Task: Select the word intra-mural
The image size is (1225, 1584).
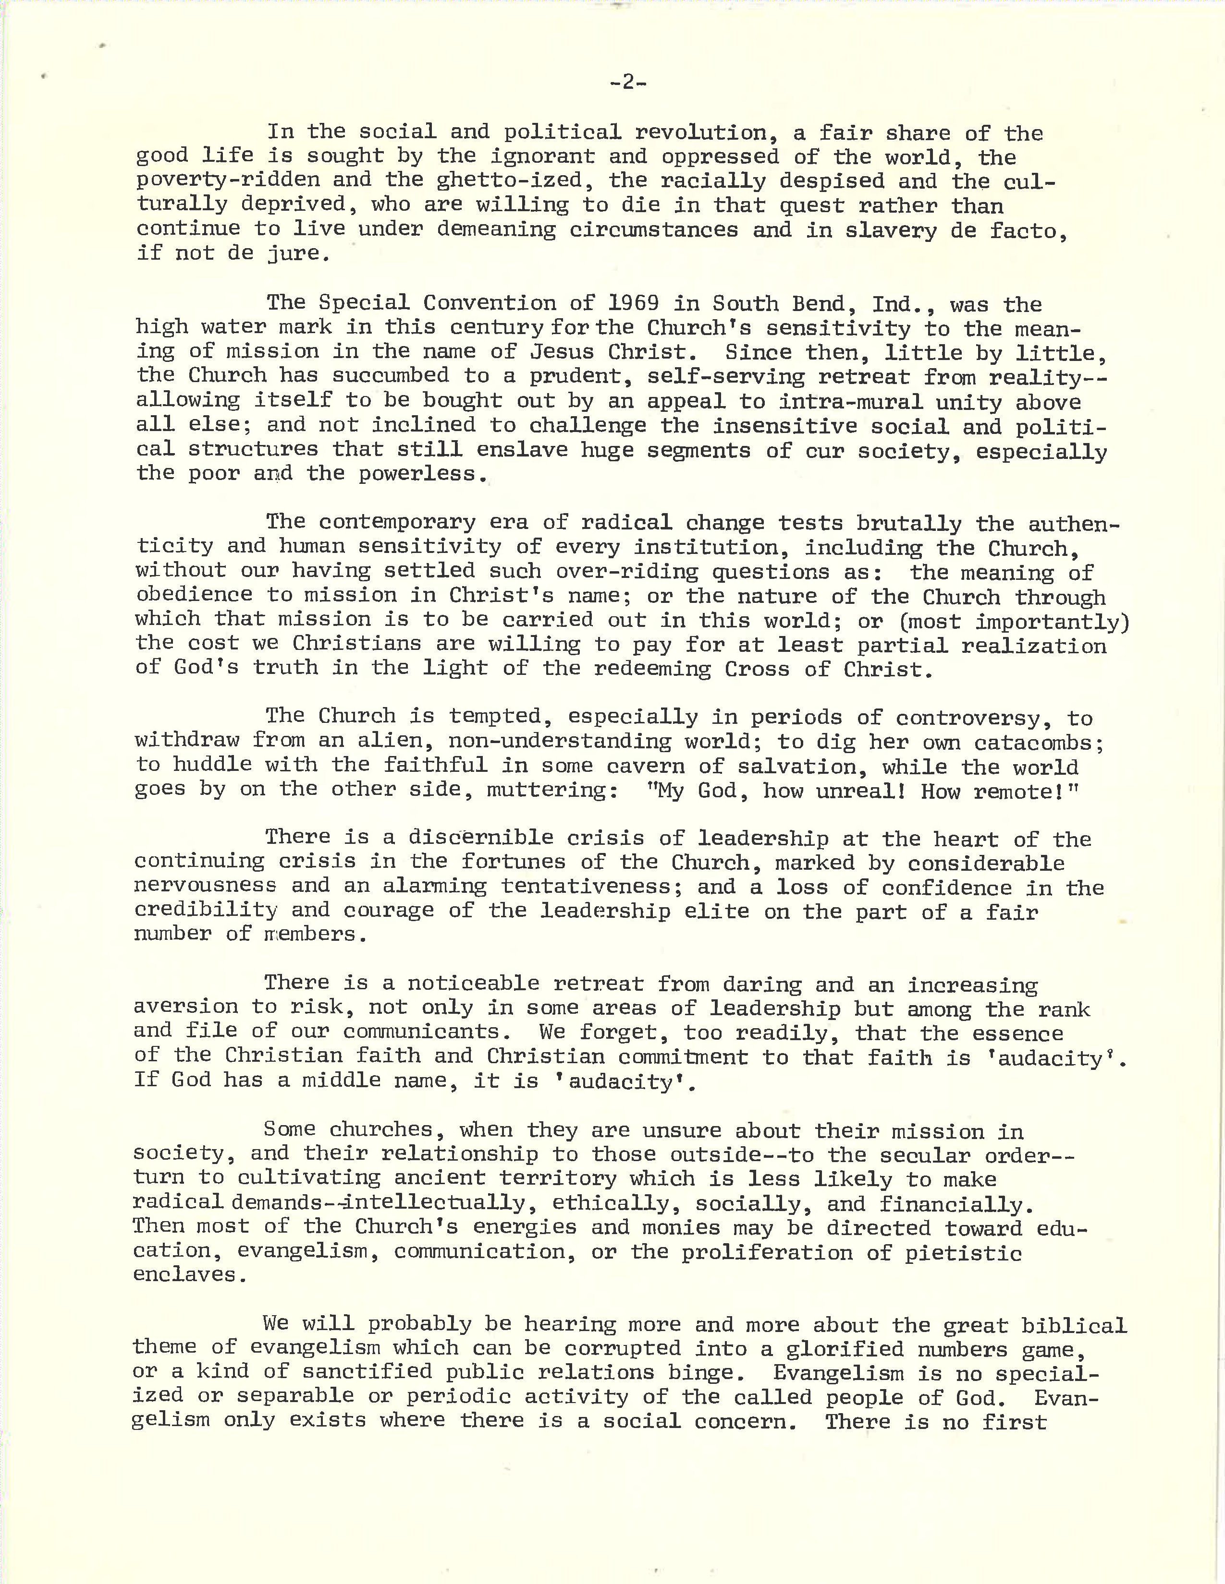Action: (843, 401)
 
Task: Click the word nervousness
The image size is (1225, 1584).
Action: (205, 886)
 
